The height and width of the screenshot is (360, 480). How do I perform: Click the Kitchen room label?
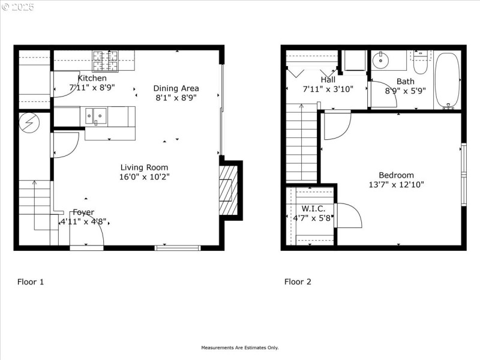click(x=92, y=78)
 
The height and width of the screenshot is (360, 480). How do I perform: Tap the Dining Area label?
click(x=176, y=88)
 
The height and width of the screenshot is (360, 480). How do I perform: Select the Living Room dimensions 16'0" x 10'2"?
click(x=144, y=177)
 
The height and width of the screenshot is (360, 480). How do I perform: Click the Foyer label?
click(x=83, y=212)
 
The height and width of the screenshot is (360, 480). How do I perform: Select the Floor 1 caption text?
click(x=30, y=281)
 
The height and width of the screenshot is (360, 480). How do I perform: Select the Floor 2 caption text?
click(x=298, y=281)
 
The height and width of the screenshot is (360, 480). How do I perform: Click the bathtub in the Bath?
click(x=447, y=80)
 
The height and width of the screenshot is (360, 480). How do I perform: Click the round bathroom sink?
click(x=381, y=60)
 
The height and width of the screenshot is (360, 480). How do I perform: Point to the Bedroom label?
click(x=396, y=175)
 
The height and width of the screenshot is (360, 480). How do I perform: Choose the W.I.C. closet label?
click(x=310, y=208)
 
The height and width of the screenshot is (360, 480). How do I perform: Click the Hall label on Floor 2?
click(x=328, y=79)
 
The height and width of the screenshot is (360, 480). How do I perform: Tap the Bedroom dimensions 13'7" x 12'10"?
click(x=396, y=185)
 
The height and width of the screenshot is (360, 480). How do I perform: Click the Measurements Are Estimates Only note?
click(x=239, y=347)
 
